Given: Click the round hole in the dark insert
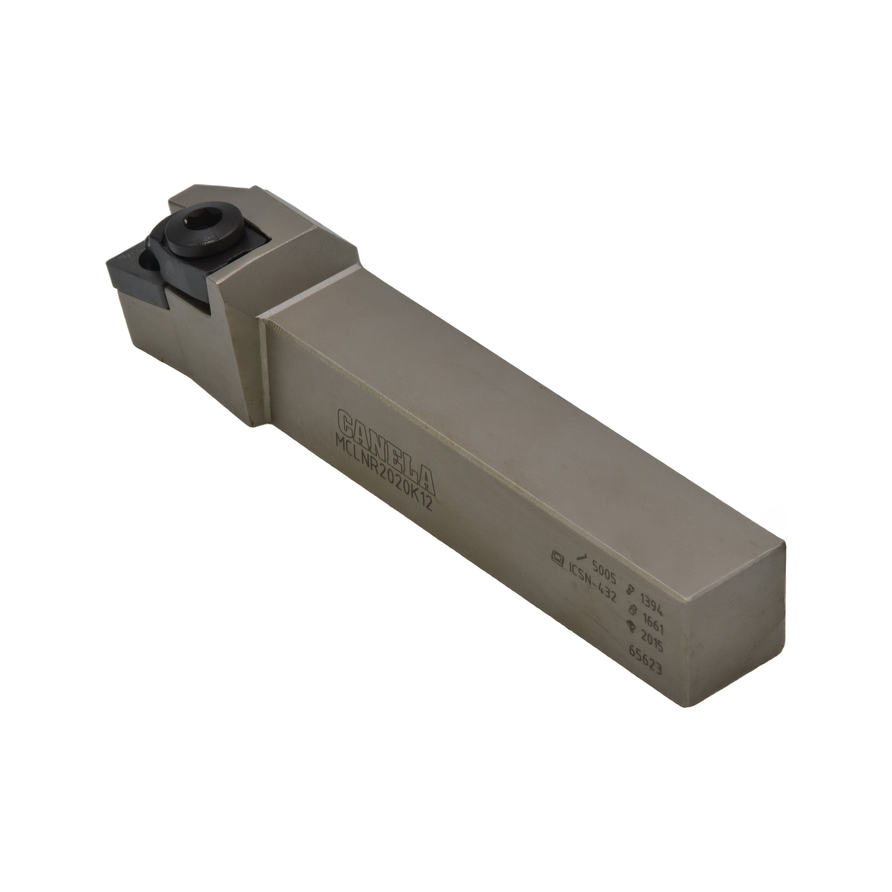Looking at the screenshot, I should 151,269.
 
